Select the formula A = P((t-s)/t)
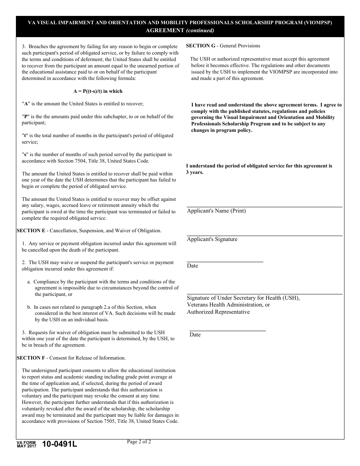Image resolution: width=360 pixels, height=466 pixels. click(x=98, y=91)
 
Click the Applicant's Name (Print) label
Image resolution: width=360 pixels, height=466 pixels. click(x=216, y=211)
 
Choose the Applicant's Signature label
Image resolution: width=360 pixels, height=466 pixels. click(x=212, y=239)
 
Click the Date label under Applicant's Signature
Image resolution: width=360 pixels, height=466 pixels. click(x=193, y=266)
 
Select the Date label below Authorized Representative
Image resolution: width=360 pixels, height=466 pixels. click(x=195, y=335)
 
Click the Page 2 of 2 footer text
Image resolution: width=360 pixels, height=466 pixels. click(x=139, y=441)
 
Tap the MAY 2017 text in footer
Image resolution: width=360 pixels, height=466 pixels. click(x=26, y=446)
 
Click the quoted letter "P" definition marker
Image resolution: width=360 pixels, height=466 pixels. click(x=26, y=117)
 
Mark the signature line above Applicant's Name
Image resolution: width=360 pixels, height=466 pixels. click(x=265, y=207)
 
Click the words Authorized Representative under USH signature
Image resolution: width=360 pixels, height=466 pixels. click(x=218, y=312)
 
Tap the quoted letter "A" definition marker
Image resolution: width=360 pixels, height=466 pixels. click(x=26, y=104)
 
